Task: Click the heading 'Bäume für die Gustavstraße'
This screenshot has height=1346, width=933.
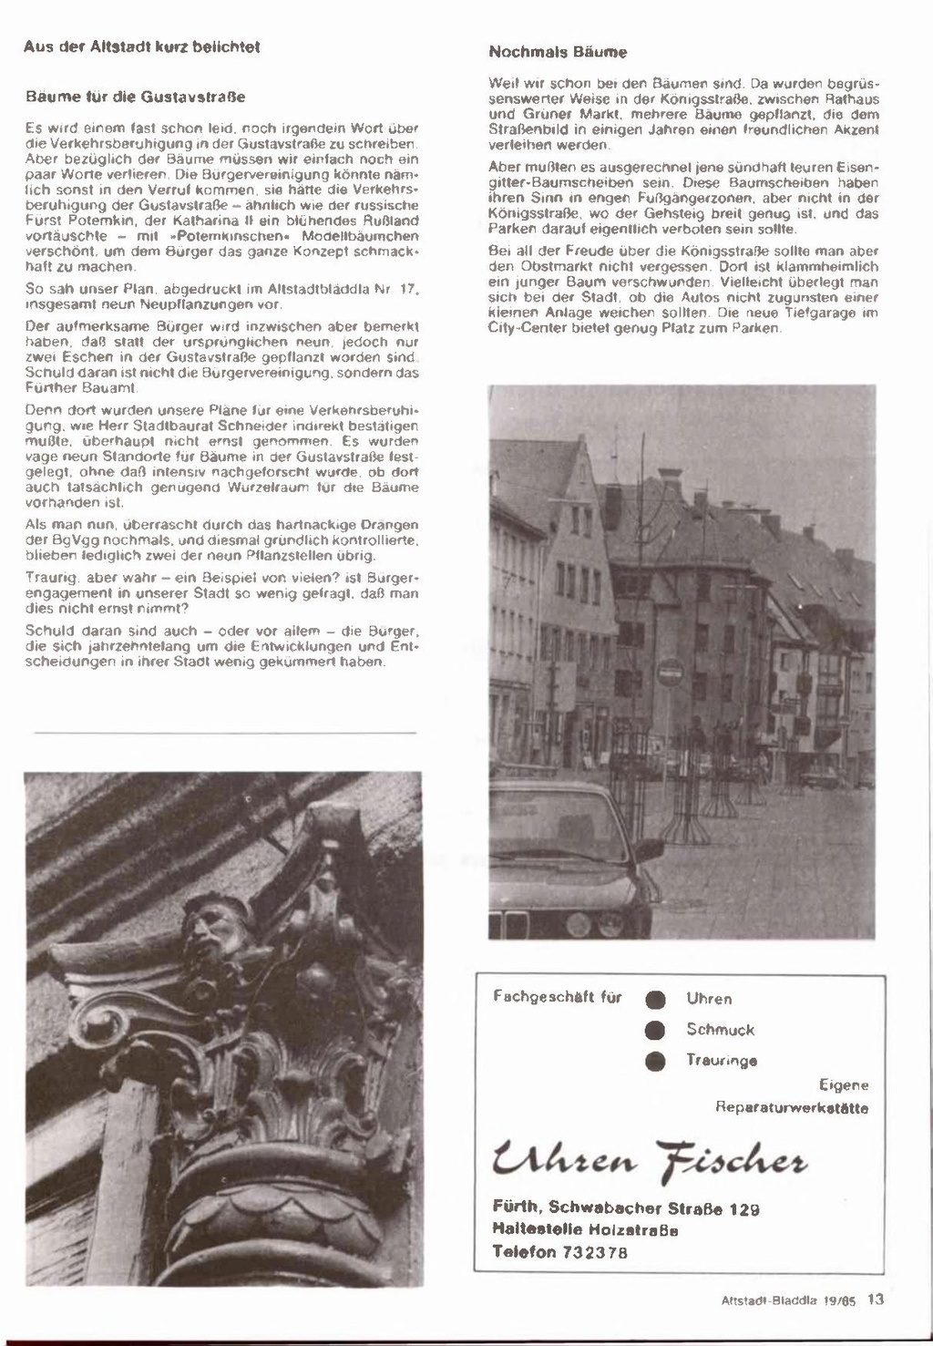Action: click(136, 95)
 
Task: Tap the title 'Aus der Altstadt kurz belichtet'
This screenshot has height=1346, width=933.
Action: click(142, 46)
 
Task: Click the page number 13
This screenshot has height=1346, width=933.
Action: click(876, 1300)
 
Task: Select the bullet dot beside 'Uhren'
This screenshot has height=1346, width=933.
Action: click(651, 1000)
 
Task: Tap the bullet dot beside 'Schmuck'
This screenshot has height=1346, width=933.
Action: click(651, 1031)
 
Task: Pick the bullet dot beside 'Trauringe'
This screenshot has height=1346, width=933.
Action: click(651, 1061)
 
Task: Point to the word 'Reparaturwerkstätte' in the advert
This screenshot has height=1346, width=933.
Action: click(792, 1108)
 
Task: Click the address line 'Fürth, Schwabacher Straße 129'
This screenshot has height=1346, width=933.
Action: click(626, 1208)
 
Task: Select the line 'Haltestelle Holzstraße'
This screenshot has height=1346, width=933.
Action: click(585, 1229)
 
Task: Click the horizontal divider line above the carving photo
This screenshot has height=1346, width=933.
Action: click(225, 733)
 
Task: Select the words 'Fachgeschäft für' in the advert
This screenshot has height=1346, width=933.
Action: click(558, 997)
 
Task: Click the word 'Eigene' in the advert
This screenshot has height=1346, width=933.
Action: click(844, 1085)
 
